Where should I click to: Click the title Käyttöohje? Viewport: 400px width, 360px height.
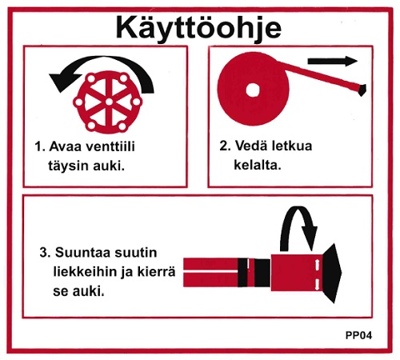point(199,26)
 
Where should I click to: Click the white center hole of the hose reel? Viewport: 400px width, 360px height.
point(254,89)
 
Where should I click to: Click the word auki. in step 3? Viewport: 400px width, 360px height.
point(87,292)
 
